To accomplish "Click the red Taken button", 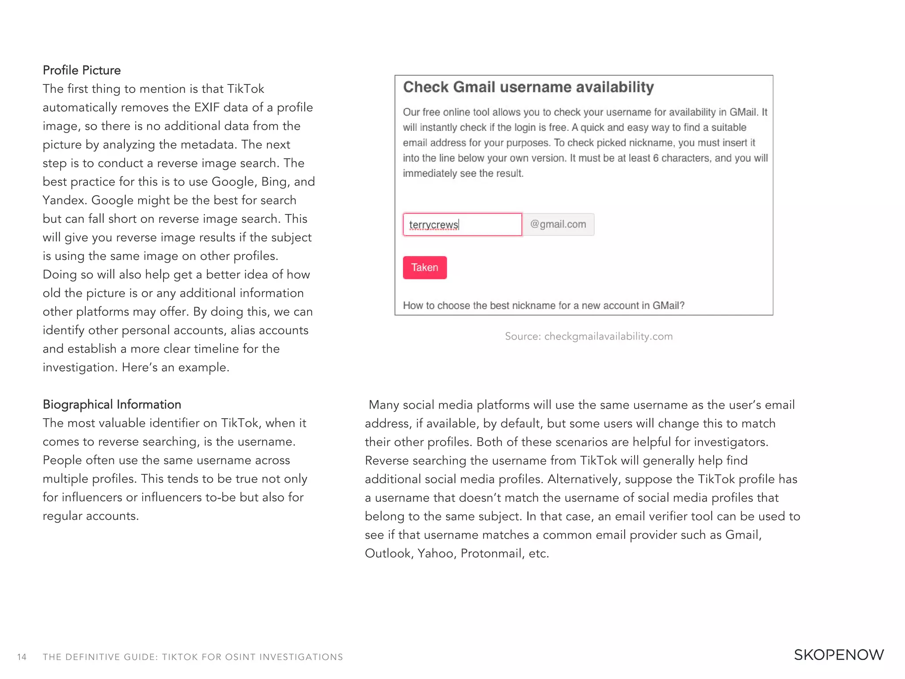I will [x=424, y=267].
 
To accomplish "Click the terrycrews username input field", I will [x=462, y=225].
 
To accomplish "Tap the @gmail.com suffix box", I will [x=558, y=225].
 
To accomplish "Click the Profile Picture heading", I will [x=82, y=70].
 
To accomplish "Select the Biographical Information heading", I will [x=112, y=404].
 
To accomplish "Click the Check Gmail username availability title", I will [x=528, y=87].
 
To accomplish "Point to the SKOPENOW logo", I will [x=838, y=655].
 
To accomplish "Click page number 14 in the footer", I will [x=22, y=657].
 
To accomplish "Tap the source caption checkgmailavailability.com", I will [x=589, y=336].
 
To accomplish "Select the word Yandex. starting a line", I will [x=64, y=200].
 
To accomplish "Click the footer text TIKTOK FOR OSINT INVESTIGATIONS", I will [x=252, y=657].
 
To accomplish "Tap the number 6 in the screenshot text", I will [x=656, y=158].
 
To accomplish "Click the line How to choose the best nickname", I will [x=543, y=305].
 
